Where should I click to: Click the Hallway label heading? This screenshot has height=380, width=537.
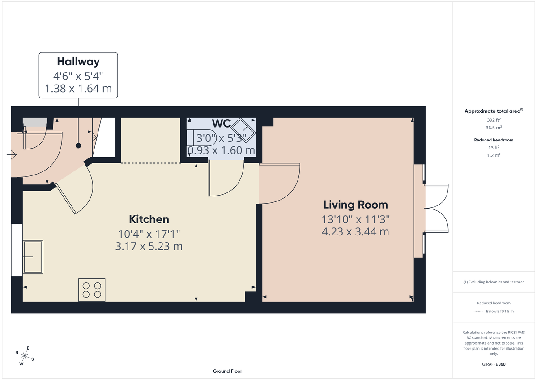pos(78,61)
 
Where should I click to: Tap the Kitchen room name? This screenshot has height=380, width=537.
pos(149,219)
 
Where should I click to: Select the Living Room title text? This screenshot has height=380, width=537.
pos(355,205)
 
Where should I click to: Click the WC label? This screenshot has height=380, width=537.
pos(221,124)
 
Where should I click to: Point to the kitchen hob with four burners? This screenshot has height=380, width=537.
pos(92,290)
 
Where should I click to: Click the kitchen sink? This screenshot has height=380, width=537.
pos(33,257)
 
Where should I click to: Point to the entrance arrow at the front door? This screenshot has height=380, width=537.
pos(11,155)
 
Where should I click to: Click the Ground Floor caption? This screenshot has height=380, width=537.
pos(227,371)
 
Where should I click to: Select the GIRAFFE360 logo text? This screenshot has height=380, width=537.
pos(494,364)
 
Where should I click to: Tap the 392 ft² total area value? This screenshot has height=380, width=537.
pos(494,120)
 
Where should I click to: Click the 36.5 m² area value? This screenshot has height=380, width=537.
pos(494,127)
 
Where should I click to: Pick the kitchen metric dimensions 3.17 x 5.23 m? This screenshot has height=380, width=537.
pos(149,246)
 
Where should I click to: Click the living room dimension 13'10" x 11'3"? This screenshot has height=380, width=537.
pos(355,219)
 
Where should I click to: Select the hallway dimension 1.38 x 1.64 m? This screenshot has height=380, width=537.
pos(78,89)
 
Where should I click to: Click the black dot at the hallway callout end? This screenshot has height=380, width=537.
pos(78,145)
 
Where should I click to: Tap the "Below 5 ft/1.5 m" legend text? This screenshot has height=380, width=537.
pos(500,312)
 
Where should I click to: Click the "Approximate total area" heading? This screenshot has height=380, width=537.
pos(493,111)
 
